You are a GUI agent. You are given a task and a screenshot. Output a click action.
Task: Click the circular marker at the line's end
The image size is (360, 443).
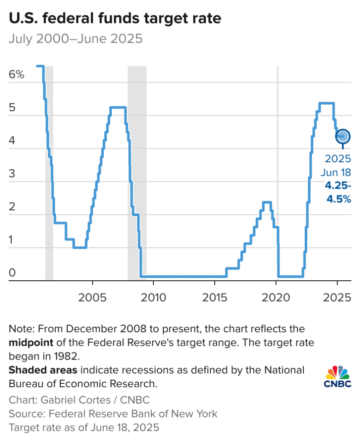pyautogui.click(x=343, y=136)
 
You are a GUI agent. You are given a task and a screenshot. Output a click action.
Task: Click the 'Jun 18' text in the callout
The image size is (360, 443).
pyautogui.click(x=336, y=172)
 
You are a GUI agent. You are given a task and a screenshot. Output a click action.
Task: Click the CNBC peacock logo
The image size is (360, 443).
pyautogui.click(x=337, y=377)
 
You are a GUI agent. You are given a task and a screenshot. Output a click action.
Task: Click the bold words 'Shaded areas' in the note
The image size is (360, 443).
pyautogui.click(x=43, y=371)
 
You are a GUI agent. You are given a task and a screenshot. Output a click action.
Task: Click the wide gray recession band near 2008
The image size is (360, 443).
pyautogui.click(x=137, y=173)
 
